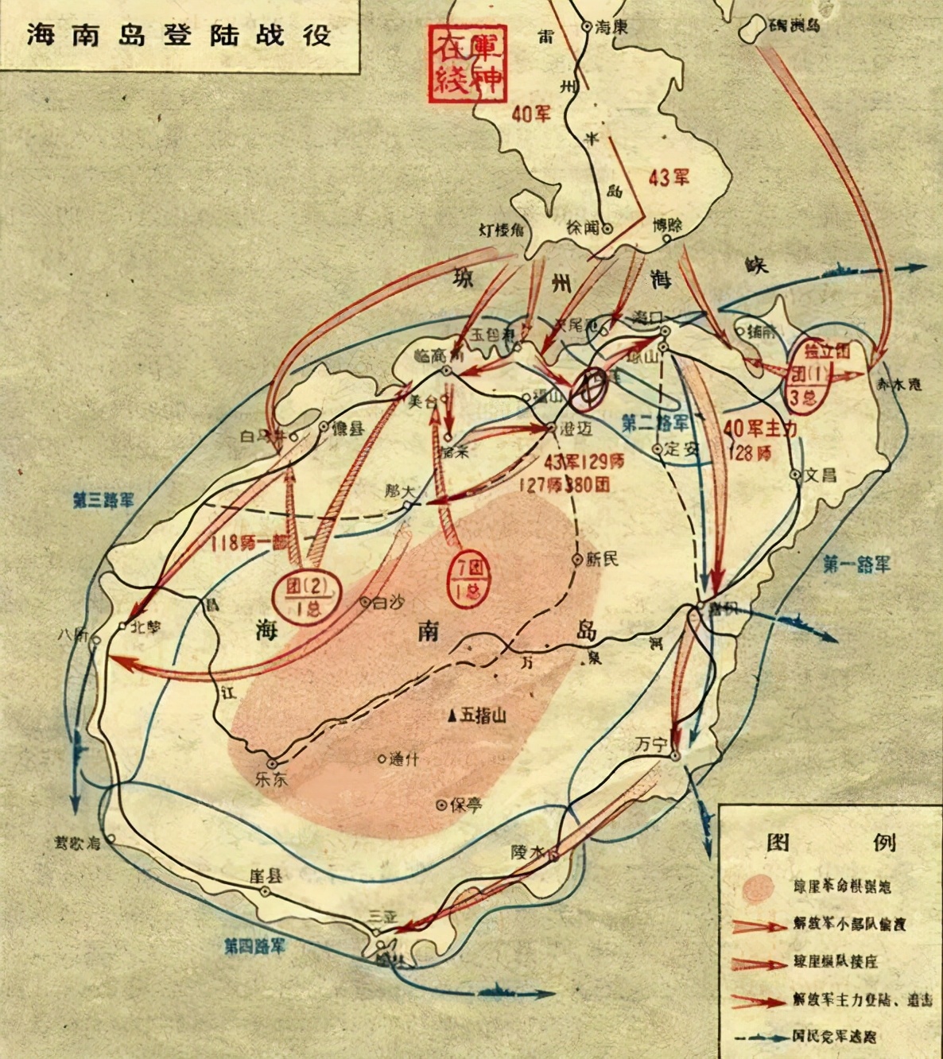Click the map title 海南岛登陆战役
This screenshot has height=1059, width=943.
178,36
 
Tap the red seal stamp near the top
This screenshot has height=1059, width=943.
467,63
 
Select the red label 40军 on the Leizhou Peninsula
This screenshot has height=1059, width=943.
530,114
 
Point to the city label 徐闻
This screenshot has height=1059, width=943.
582,227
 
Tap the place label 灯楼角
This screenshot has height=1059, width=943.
501,230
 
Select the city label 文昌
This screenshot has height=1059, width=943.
820,475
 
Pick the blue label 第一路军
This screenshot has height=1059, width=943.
856,564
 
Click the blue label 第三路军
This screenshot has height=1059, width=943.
103,501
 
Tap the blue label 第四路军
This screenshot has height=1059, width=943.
254,946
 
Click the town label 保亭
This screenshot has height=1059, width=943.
466,805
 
